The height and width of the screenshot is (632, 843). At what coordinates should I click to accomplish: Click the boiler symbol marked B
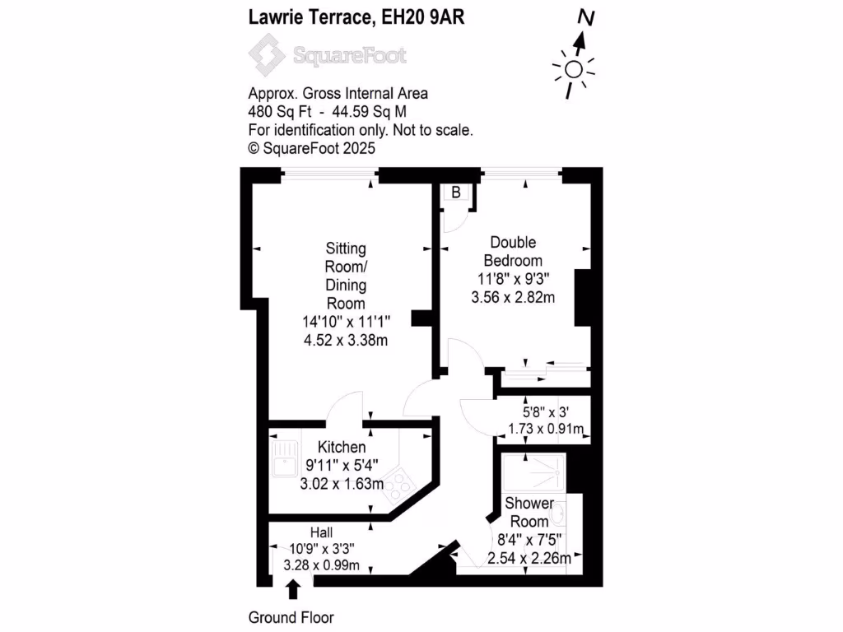click(455, 193)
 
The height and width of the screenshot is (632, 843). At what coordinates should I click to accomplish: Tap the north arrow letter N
click(585, 17)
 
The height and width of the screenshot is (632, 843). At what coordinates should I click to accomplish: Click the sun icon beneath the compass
click(574, 70)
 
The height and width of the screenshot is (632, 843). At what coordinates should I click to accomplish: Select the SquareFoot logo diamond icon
click(268, 56)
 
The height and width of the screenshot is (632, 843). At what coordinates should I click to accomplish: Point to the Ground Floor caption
click(291, 617)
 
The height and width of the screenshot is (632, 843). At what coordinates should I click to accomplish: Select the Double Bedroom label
click(513, 251)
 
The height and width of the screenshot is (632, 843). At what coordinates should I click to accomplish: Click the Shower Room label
click(529, 512)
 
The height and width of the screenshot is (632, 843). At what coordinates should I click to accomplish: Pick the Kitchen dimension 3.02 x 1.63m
click(342, 483)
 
